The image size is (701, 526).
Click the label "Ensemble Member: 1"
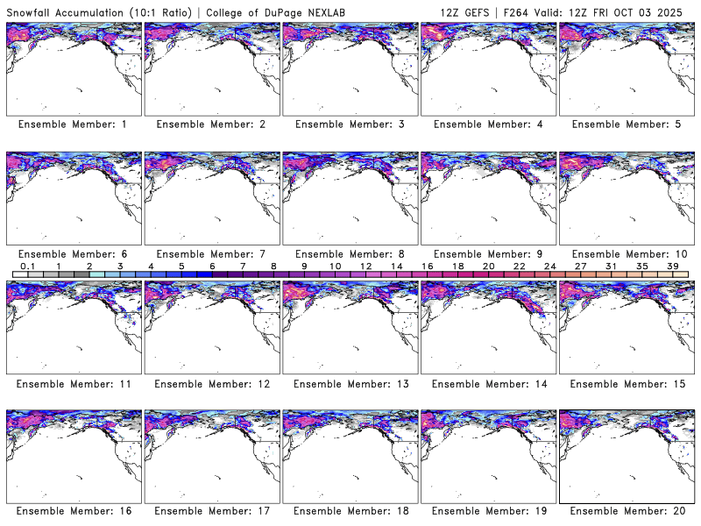pyautogui.click(x=73, y=124)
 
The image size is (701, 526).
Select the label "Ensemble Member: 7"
pyautogui.click(x=211, y=253)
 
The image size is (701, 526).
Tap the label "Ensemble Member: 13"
pyautogui.click(x=350, y=383)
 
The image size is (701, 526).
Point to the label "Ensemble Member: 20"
pyautogui.click(x=626, y=511)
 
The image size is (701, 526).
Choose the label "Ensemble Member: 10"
pyautogui.click(x=626, y=253)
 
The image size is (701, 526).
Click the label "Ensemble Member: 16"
pyautogui.click(x=73, y=511)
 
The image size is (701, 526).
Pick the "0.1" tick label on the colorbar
pyautogui.click(x=27, y=267)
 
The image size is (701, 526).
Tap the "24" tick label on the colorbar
pyautogui.click(x=549, y=267)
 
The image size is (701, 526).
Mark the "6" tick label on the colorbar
pyautogui.click(x=212, y=267)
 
